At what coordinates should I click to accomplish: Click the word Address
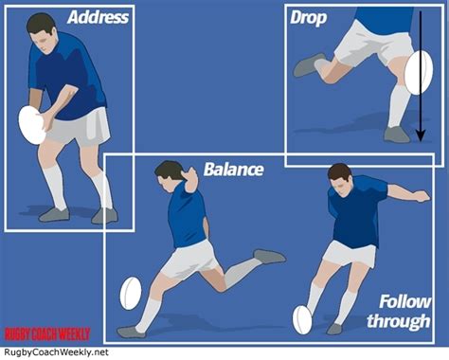coord(98,18)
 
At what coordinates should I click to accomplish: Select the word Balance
coord(233,171)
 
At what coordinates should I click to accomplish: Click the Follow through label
coord(405,311)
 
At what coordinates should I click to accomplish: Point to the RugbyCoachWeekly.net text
coord(55,351)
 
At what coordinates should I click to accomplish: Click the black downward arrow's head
coord(422,135)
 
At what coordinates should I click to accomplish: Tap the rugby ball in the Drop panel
coord(418,73)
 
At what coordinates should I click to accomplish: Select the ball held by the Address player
coord(32,124)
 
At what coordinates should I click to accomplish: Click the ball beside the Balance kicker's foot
coord(131,294)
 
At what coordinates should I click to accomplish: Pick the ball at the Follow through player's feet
coord(302,319)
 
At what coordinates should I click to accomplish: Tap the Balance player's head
coord(170,173)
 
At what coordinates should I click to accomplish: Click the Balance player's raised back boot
coord(269,256)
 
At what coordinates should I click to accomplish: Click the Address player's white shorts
coord(77,126)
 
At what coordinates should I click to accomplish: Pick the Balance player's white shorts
coord(189,258)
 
